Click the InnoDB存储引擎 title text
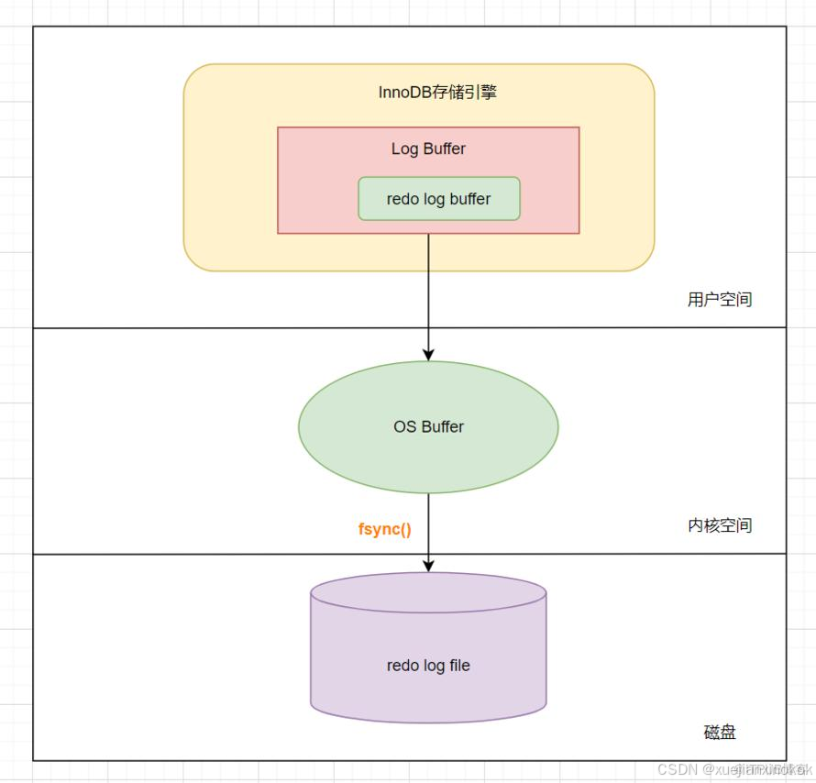click(x=437, y=93)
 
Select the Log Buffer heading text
click(x=428, y=149)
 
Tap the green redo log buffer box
click(x=438, y=199)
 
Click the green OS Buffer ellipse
click(x=428, y=426)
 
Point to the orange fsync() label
click(x=384, y=529)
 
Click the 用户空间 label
click(x=720, y=300)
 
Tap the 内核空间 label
click(x=720, y=525)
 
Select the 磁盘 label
click(x=720, y=732)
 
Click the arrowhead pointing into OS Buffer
click(x=428, y=353)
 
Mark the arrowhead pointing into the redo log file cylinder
click(x=428, y=566)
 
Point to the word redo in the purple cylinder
click(x=402, y=666)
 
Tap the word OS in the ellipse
click(x=404, y=426)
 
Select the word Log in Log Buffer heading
click(x=404, y=149)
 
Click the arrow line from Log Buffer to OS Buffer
click(x=428, y=293)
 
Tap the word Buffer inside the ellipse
click(x=442, y=426)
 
